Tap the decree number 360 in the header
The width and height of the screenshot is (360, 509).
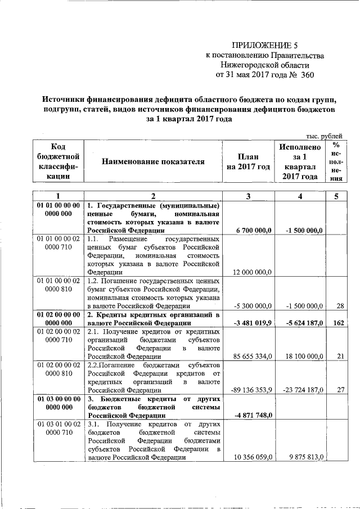307,74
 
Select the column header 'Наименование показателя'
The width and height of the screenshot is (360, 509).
152,162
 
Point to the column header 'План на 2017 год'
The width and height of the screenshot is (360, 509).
249,162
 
